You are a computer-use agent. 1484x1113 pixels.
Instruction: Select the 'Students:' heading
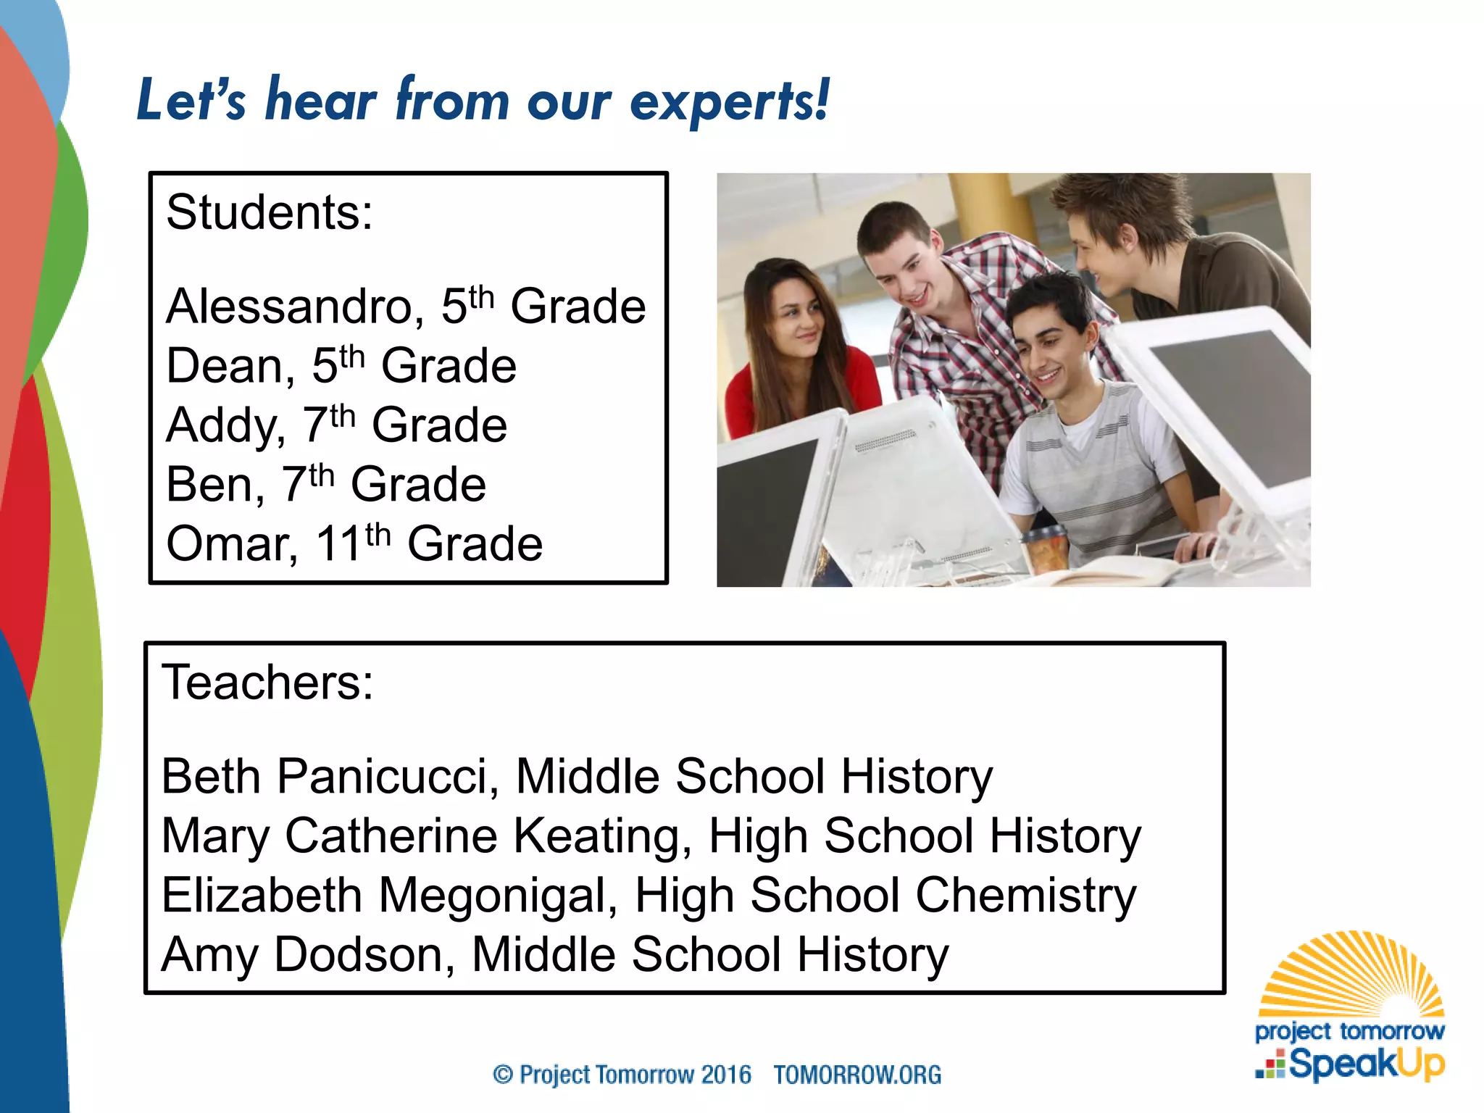(x=270, y=212)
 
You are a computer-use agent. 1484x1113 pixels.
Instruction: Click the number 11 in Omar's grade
(x=338, y=544)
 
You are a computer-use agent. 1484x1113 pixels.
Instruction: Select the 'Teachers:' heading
(x=267, y=683)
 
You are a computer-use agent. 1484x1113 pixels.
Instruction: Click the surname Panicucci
(x=388, y=777)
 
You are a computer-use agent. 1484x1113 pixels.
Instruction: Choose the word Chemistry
(x=1025, y=896)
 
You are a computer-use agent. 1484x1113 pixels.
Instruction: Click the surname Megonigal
(x=498, y=896)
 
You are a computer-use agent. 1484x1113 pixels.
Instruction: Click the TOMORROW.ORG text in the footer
(x=857, y=1075)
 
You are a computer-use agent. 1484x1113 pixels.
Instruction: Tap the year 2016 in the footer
(x=726, y=1075)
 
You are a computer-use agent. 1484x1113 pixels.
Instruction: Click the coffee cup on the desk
(x=1044, y=549)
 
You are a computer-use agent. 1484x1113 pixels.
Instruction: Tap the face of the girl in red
(x=795, y=317)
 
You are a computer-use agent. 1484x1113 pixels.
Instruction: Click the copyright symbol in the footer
(x=503, y=1075)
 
